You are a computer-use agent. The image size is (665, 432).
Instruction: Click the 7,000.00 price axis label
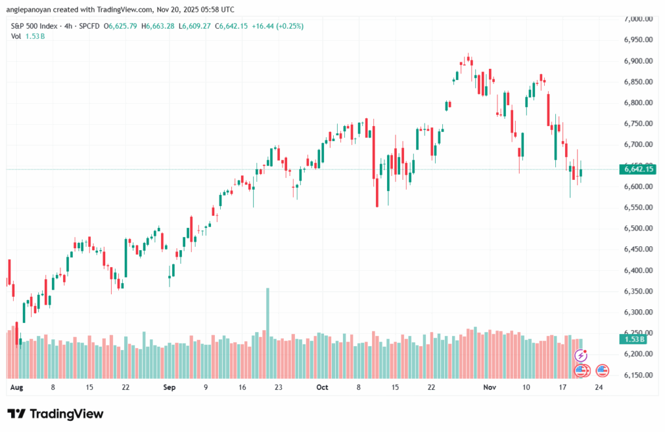pos(637,19)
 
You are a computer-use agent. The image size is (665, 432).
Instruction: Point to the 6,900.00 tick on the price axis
pos(637,61)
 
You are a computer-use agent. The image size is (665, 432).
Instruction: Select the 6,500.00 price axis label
pos(637,229)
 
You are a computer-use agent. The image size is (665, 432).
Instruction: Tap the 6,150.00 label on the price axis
pos(637,375)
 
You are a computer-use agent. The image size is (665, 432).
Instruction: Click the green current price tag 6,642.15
pos(638,170)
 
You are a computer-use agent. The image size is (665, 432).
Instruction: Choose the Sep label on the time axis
pos(169,387)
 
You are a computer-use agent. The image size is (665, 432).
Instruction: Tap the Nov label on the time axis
pos(490,387)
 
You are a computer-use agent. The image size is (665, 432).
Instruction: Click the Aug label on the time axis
pos(17,387)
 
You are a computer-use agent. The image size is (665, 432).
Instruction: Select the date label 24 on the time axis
pos(597,387)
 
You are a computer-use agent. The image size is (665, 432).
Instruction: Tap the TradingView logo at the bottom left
pos(55,414)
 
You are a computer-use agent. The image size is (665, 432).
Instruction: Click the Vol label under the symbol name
pos(16,36)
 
